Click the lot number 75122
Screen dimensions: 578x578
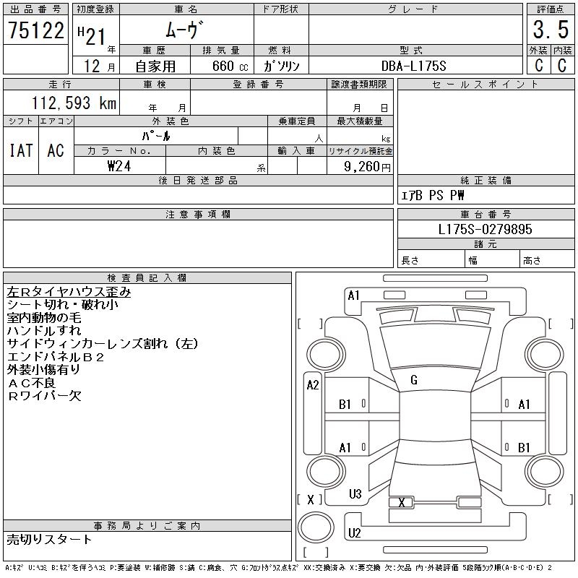35,30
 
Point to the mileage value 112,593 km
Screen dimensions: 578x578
72,103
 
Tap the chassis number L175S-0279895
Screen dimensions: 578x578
486,230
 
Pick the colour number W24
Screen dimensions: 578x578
119,166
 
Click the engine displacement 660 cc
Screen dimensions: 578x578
221,66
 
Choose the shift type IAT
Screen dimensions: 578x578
21,150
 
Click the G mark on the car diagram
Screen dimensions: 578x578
414,380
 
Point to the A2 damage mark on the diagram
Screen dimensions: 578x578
312,385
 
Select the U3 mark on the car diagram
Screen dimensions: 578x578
355,494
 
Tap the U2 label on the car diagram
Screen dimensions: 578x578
355,533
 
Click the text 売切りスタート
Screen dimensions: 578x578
49,539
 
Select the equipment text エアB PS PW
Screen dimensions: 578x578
433,195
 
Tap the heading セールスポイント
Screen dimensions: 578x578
485,85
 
